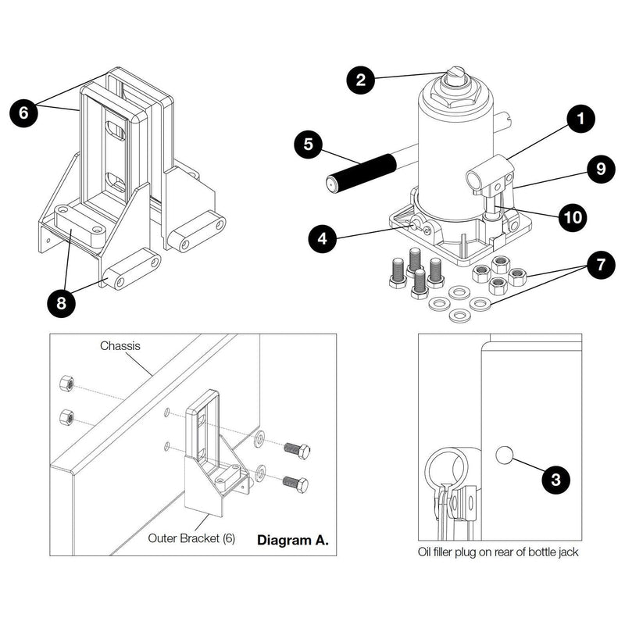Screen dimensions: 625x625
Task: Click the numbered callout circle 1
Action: pos(580,120)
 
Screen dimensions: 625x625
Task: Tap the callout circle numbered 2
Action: pos(362,79)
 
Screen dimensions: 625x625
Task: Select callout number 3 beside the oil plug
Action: pos(555,479)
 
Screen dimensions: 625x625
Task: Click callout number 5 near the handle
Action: pos(308,145)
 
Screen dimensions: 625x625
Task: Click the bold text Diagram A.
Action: pos(292,540)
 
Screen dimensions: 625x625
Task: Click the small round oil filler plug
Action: pos(504,454)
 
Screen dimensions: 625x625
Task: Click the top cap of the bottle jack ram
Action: pos(455,77)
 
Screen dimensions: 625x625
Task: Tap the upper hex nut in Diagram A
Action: pos(67,384)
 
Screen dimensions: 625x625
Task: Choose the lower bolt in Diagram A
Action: pos(295,484)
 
